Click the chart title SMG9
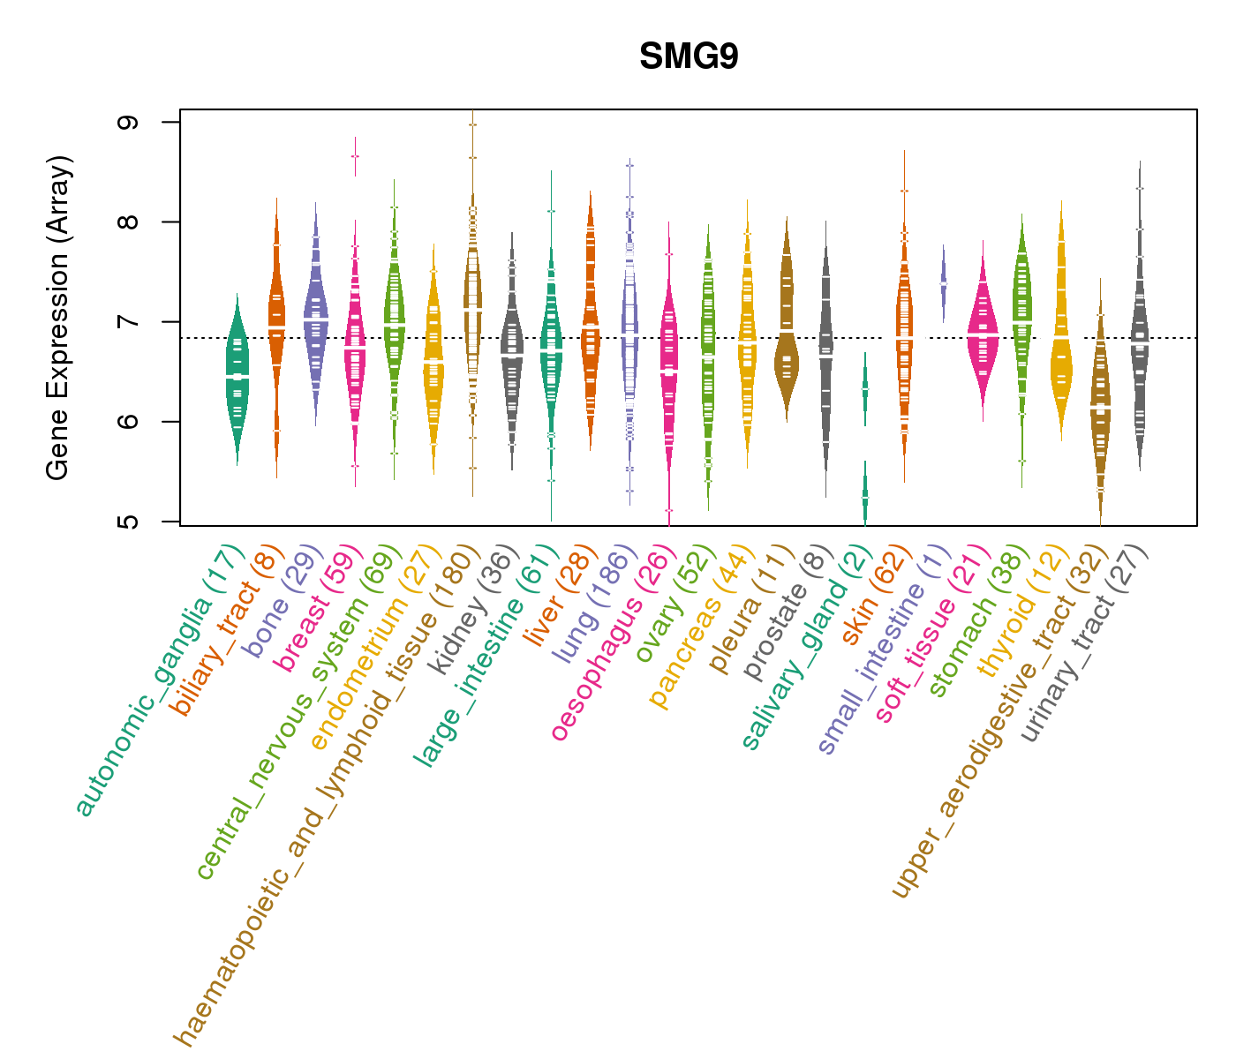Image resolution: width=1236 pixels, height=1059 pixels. [689, 57]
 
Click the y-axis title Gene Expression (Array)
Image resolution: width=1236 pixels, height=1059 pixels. [58, 318]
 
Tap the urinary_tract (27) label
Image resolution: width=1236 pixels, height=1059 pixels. [1085, 644]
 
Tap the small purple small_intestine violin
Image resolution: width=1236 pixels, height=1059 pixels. [943, 282]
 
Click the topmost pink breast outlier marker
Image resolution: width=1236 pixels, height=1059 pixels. [355, 156]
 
